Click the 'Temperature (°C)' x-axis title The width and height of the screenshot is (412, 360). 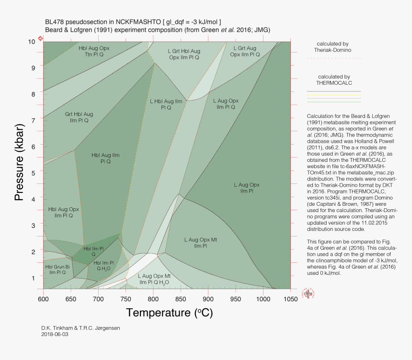[169, 313]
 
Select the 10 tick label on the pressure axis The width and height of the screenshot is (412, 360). [32, 42]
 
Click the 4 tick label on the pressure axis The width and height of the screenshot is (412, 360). [34, 199]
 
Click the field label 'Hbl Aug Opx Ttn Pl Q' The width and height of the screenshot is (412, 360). [94, 51]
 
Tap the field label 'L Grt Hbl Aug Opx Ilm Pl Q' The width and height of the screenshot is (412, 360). [184, 54]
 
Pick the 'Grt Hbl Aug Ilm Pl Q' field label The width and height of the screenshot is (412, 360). [79, 117]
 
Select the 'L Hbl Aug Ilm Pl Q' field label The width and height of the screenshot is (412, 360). [166, 104]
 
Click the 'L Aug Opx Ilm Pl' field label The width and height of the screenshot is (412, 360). [247, 188]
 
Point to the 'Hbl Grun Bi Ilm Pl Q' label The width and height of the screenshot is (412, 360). [57, 270]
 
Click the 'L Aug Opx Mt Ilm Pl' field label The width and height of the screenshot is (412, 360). [201, 242]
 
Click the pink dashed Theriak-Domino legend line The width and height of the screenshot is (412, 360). [333, 58]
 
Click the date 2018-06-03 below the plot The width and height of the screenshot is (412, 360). [55, 334]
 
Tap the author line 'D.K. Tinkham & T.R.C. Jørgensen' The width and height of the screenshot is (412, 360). [81, 328]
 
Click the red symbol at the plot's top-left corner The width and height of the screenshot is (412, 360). [40, 38]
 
